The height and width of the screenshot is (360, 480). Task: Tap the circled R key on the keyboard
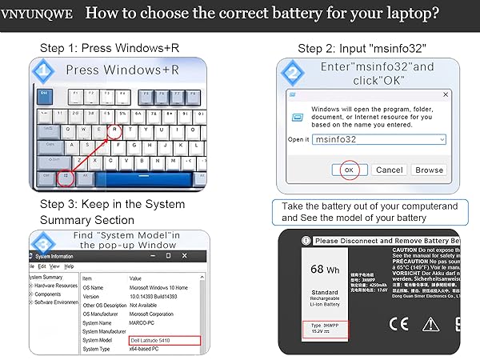click(x=114, y=130)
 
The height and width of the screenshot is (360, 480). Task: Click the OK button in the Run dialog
click(x=348, y=170)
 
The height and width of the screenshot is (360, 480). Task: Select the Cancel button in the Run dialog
click(x=389, y=170)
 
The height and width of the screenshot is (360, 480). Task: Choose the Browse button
click(x=429, y=170)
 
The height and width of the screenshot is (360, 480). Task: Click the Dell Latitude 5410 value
click(x=152, y=340)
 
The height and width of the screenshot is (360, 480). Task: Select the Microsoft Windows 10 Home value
click(x=167, y=287)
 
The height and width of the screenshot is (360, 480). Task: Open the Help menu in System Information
click(x=69, y=266)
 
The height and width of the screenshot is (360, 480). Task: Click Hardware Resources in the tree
click(x=56, y=286)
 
